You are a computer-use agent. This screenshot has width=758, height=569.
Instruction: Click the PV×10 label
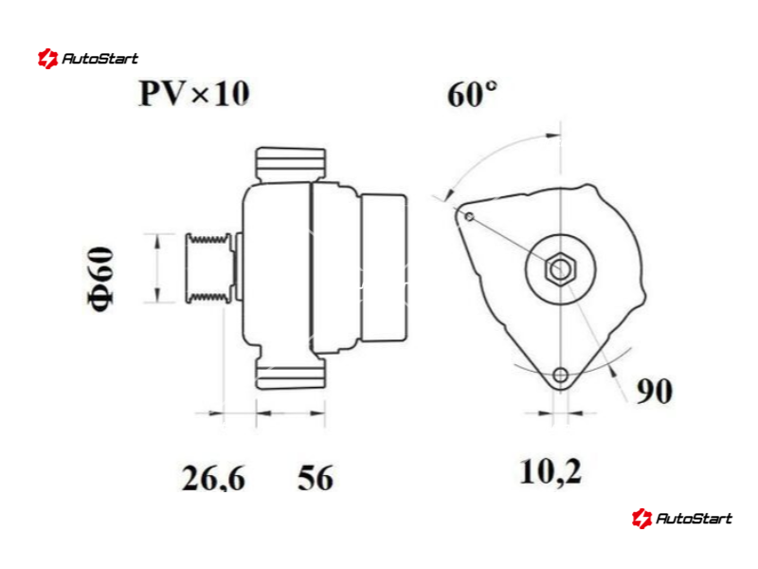194,93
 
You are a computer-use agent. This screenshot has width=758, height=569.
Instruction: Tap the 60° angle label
472,94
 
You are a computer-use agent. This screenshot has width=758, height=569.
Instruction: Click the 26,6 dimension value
213,478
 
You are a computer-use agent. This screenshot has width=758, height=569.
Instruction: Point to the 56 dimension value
316,478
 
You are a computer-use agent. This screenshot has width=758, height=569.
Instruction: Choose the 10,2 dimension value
550,471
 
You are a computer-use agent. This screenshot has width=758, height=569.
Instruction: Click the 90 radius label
654,391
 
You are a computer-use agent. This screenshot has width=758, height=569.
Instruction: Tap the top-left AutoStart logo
88,59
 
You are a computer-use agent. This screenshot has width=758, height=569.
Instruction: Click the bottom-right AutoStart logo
681,518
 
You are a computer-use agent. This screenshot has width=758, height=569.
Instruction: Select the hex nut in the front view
560,269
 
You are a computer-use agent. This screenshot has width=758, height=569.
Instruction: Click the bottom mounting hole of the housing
560,375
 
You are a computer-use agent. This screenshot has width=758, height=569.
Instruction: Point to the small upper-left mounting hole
469,217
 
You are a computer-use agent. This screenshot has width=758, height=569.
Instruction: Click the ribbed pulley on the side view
208,268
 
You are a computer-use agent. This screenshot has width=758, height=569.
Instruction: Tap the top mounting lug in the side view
290,164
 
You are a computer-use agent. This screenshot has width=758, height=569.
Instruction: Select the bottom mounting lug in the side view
290,371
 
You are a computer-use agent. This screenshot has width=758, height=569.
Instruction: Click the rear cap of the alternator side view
384,267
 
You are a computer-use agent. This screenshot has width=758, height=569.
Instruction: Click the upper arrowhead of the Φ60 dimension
156,241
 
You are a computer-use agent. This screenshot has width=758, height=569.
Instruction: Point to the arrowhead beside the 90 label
612,371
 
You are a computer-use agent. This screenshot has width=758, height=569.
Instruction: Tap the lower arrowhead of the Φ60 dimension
156,295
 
